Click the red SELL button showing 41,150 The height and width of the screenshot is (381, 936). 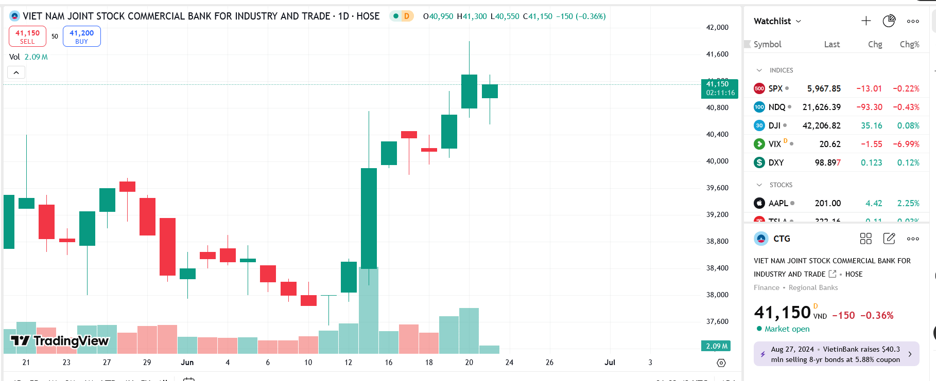point(27,37)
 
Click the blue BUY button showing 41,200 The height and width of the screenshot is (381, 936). point(81,37)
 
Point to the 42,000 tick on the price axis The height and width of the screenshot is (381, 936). point(717,27)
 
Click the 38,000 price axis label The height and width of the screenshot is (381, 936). point(717,295)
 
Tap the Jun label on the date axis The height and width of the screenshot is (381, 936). point(187,362)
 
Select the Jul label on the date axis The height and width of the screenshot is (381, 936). point(610,362)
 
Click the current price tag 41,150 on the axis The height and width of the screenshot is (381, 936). point(719,88)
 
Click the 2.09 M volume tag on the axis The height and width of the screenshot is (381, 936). point(716,346)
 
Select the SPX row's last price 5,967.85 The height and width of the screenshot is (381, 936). point(823,88)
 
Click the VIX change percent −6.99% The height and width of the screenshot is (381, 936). point(906,144)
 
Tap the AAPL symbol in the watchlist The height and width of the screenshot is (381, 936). point(778,203)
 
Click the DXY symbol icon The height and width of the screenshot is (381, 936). point(759,162)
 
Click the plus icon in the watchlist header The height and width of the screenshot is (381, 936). point(866,21)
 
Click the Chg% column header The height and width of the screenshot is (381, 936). point(909,44)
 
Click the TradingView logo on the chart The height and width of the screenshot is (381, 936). point(60,341)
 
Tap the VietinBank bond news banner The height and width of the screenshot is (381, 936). point(836,354)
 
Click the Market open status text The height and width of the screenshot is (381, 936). point(787,329)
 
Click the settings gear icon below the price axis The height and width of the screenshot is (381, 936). point(721,363)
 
